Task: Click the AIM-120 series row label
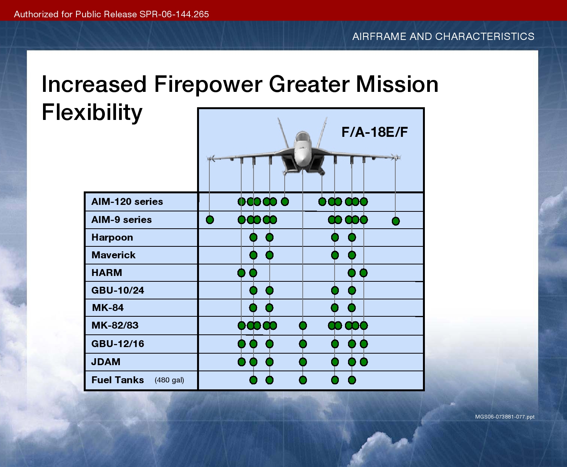click(127, 201)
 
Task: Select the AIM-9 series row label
click(121, 219)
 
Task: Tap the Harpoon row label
click(112, 238)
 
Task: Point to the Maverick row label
click(113, 255)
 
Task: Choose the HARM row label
click(106, 273)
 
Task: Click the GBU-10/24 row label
click(118, 290)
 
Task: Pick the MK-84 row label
click(108, 308)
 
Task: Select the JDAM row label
click(106, 362)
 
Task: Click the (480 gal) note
click(169, 380)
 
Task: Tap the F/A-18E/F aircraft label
click(375, 132)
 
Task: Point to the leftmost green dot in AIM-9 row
click(210, 220)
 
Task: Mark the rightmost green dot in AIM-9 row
click(396, 221)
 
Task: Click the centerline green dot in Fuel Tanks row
click(303, 380)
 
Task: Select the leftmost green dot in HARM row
click(241, 273)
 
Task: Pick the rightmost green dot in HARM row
click(363, 273)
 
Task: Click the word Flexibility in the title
click(92, 113)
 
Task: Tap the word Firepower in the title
click(208, 84)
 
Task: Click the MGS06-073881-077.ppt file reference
click(505, 417)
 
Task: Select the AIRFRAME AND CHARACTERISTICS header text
click(443, 36)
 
